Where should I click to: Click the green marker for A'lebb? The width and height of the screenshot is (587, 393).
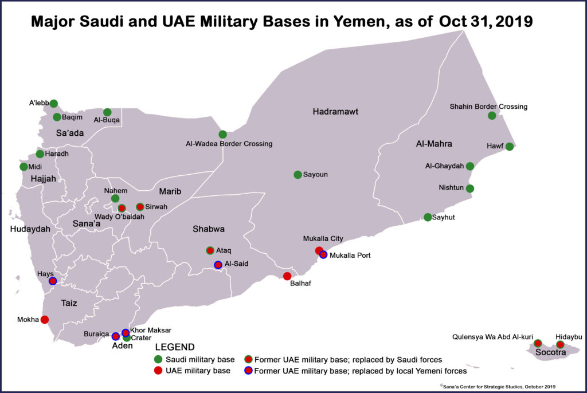pyautogui.click(x=54, y=103)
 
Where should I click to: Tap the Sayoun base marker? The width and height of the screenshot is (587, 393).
pyautogui.click(x=298, y=175)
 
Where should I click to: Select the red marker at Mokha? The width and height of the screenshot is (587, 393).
pyautogui.click(x=45, y=320)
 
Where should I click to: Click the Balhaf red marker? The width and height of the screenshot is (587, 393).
pyautogui.click(x=287, y=276)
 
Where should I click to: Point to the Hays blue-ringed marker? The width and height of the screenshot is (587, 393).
pyautogui.click(x=53, y=281)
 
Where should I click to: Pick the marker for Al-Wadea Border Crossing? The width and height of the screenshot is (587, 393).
pyautogui.click(x=222, y=134)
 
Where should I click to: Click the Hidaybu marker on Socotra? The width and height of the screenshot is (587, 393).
pyautogui.click(x=560, y=344)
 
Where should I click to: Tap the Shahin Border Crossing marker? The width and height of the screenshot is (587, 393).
pyautogui.click(x=491, y=116)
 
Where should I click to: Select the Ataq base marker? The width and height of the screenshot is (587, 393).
pyautogui.click(x=210, y=250)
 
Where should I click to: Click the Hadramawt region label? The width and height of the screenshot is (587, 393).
pyautogui.click(x=335, y=112)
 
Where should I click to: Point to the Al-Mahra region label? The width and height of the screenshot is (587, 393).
pyautogui.click(x=434, y=144)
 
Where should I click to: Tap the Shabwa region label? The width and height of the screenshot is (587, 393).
pyautogui.click(x=208, y=229)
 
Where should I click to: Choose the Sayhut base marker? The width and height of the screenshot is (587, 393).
pyautogui.click(x=428, y=217)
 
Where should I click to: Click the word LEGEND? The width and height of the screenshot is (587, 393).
pyautogui.click(x=175, y=347)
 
